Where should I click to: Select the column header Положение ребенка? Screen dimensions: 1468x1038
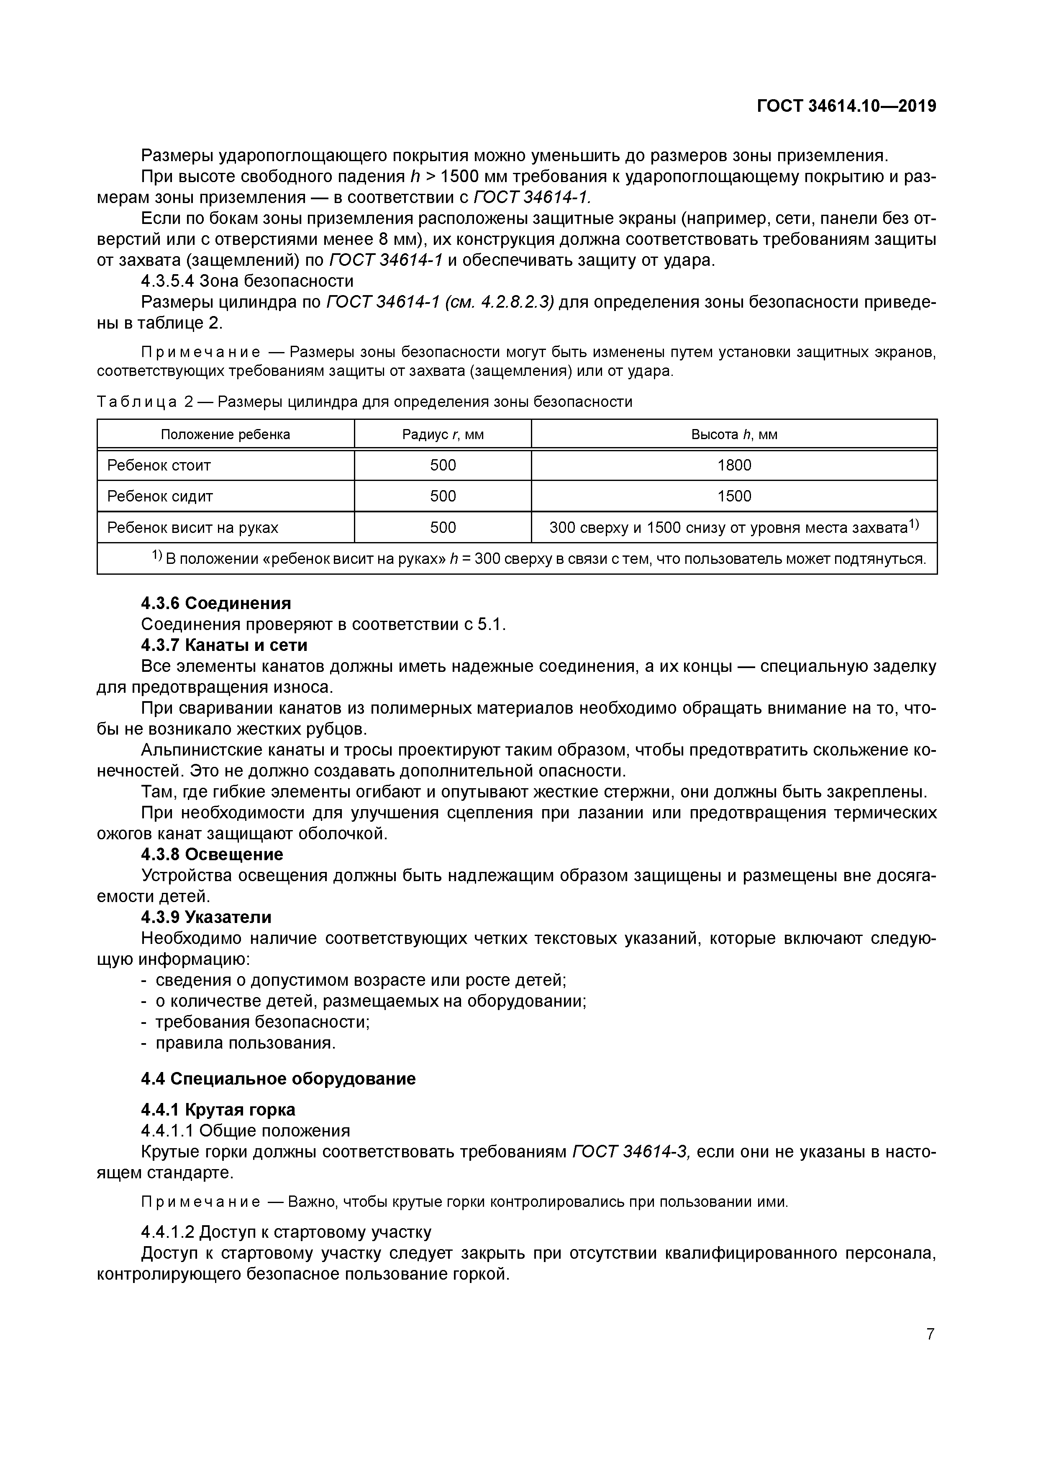(225, 435)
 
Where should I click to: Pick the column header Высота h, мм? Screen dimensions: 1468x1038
(734, 435)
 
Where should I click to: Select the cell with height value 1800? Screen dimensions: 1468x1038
(734, 465)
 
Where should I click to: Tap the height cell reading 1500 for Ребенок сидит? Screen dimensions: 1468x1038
(734, 496)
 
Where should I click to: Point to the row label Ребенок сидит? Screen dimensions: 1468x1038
(160, 496)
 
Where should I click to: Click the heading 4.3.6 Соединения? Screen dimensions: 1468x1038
(216, 603)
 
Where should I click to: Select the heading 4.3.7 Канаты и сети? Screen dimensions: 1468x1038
(224, 645)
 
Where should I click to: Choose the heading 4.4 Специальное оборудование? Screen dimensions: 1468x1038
(278, 1079)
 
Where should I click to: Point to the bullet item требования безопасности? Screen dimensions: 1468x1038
(262, 1022)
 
